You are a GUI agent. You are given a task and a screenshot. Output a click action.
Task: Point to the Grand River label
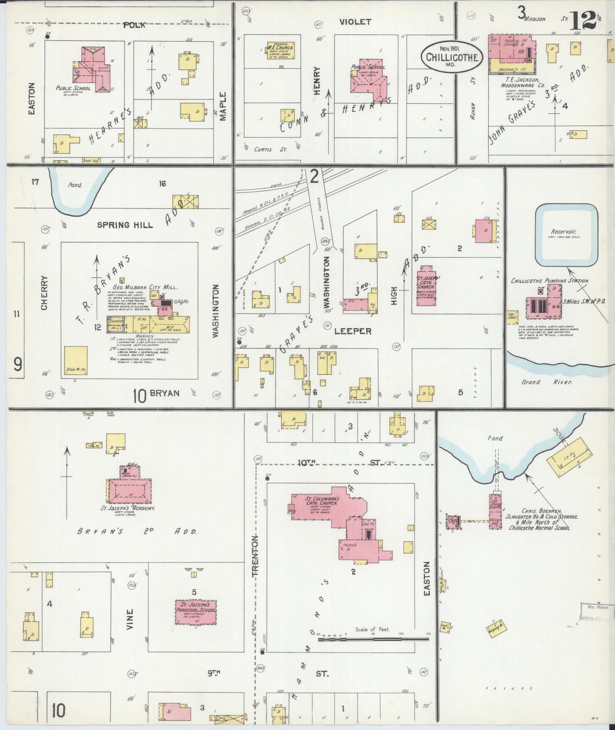pos(547,382)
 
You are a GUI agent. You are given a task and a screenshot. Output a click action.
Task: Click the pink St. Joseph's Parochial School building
pos(196,612)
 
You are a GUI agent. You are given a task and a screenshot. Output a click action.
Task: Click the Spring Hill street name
pos(125,224)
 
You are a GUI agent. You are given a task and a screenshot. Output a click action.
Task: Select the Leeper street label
pos(353,331)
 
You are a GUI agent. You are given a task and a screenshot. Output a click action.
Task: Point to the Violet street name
pos(355,22)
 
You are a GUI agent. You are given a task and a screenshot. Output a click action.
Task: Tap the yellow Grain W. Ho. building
pos(76,360)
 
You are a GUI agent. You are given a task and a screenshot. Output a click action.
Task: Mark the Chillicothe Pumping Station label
pos(550,281)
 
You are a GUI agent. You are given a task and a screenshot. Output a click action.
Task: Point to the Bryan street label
pos(164,393)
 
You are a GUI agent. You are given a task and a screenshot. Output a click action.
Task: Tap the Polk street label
pos(134,25)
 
